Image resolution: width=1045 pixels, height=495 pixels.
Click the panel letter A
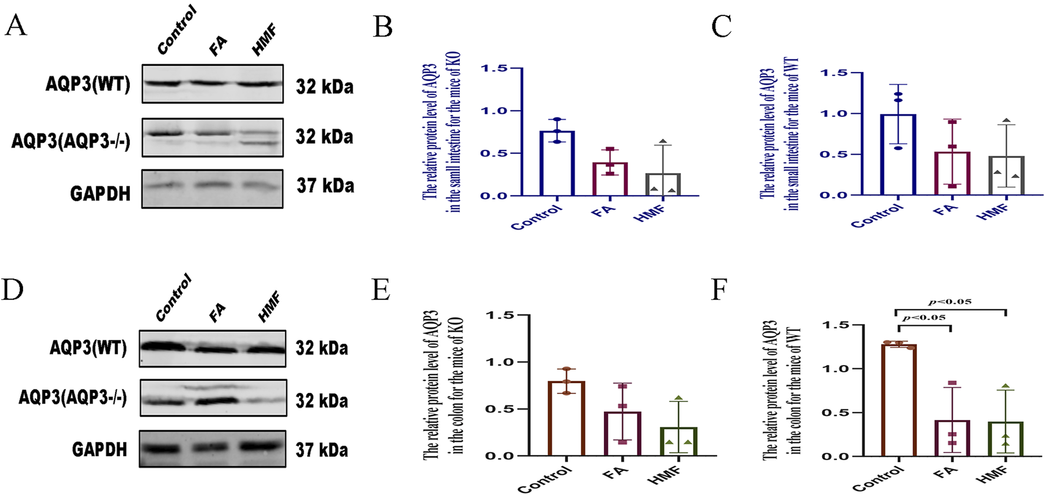(x=15, y=26)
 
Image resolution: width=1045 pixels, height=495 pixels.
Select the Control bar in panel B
(x=557, y=163)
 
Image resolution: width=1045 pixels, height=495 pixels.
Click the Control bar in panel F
(x=899, y=400)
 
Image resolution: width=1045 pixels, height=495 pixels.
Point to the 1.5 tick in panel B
(x=494, y=68)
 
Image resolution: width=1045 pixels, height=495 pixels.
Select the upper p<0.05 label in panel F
(x=950, y=301)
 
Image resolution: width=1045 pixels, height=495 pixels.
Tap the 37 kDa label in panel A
(x=326, y=186)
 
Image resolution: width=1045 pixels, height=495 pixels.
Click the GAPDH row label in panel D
(x=99, y=450)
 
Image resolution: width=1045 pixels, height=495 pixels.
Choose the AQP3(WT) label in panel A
(x=88, y=84)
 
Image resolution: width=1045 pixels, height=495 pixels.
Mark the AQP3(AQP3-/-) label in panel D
(x=73, y=397)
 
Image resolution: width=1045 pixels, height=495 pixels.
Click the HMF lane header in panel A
(x=264, y=40)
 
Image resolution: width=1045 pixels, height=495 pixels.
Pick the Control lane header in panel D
(x=173, y=298)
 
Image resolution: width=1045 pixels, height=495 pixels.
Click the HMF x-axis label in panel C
(x=993, y=211)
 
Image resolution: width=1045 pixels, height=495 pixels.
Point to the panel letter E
(x=382, y=290)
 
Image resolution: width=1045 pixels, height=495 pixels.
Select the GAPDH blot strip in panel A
(x=212, y=189)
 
